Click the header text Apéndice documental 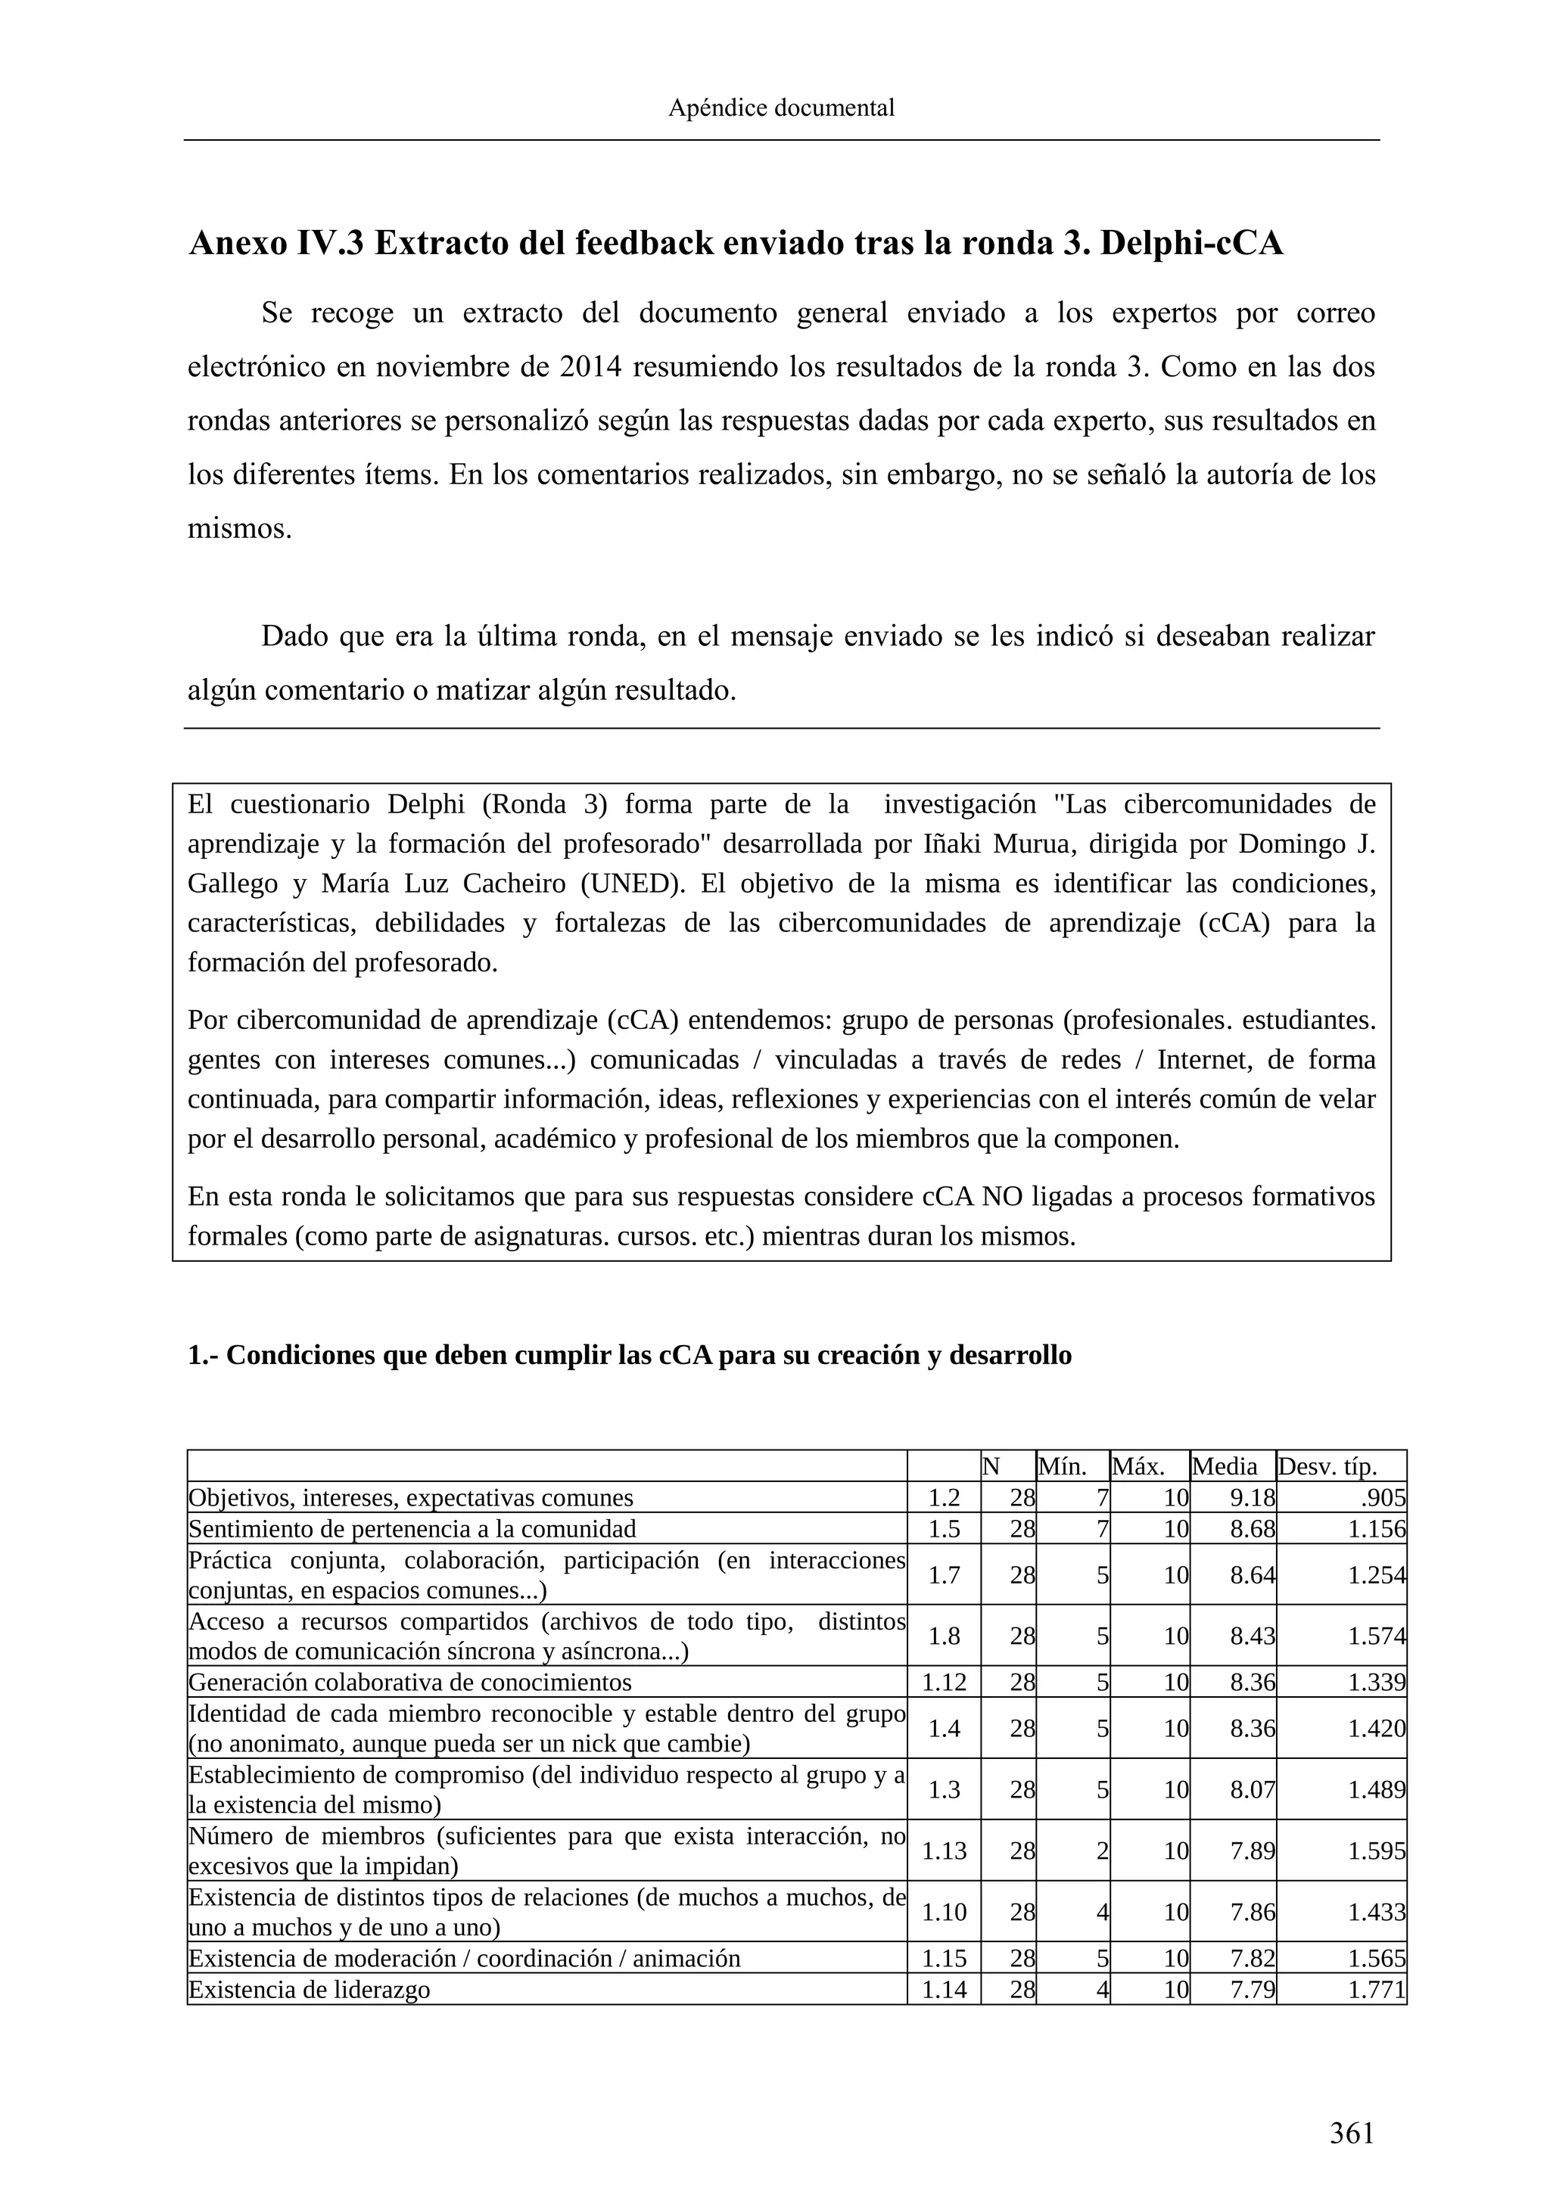click(781, 108)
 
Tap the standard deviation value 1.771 click(1376, 1990)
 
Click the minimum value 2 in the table click(1103, 1851)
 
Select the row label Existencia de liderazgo click(310, 1990)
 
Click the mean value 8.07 click(1253, 1789)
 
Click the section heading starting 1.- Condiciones click(629, 1355)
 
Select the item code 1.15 click(944, 1958)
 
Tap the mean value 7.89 click(1253, 1851)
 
